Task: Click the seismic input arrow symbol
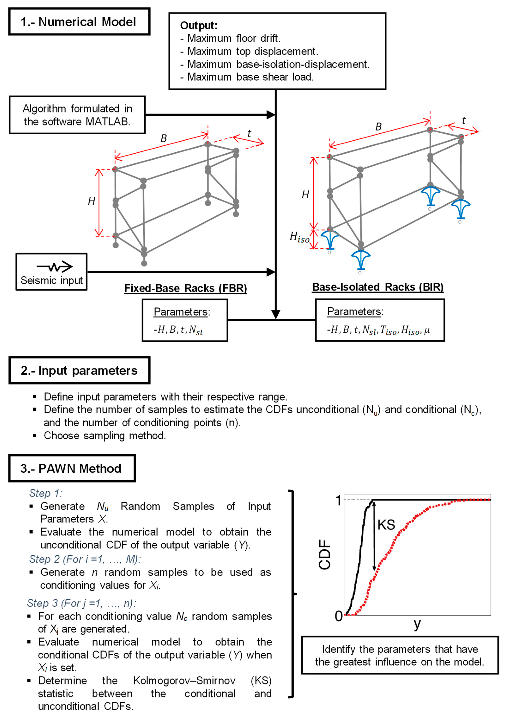coord(55,266)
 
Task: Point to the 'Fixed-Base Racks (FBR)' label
coord(186,288)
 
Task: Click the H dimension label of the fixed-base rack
coord(91,201)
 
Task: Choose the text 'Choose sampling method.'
coord(105,436)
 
